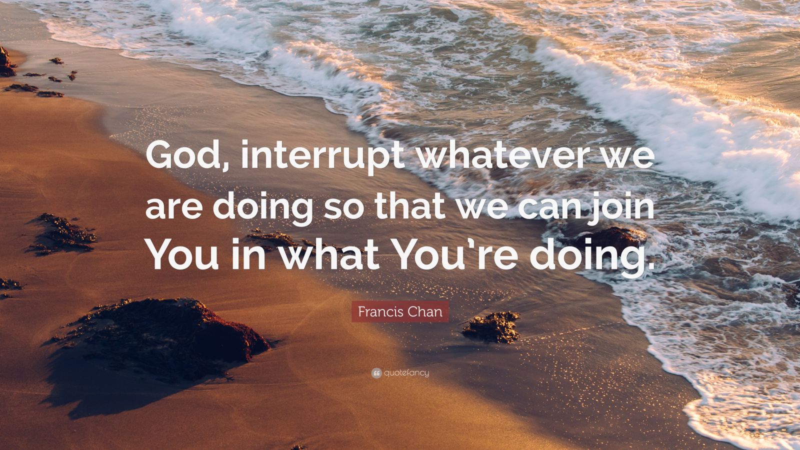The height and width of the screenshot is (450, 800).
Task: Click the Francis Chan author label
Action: [x=399, y=312]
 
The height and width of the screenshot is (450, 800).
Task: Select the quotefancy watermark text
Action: [x=406, y=372]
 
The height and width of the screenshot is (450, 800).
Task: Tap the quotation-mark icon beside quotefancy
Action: [x=376, y=372]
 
